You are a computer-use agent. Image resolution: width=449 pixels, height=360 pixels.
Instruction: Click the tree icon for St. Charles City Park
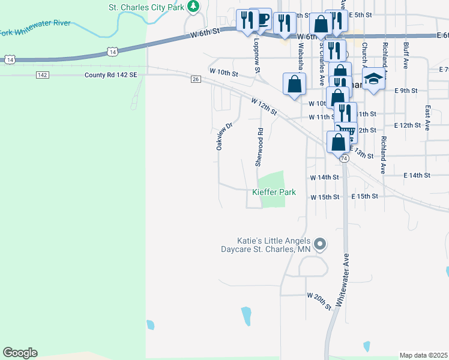point(193,7)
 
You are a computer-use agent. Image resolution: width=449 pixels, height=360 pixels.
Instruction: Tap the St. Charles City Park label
point(146,7)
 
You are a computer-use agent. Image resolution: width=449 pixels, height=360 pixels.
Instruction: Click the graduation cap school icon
point(373,79)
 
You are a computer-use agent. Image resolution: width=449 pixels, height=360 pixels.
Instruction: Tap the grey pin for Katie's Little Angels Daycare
point(321,244)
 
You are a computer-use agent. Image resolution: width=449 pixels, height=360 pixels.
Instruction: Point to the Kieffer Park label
point(274,193)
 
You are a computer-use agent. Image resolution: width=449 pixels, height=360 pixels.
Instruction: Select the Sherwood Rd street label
point(260,147)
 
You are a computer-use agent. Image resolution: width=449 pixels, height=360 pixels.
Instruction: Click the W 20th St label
point(319,301)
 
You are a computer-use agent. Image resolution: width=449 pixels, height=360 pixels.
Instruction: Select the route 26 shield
point(195,79)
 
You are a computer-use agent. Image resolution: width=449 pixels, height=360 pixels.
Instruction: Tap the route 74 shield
point(344,158)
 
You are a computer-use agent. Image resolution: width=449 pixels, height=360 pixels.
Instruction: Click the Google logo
point(20,353)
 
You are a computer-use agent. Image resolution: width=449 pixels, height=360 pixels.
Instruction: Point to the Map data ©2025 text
point(423,355)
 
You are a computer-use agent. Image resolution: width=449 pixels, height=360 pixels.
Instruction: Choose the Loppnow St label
point(257,58)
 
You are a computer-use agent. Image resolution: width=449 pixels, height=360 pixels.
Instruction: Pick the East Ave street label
point(427,118)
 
